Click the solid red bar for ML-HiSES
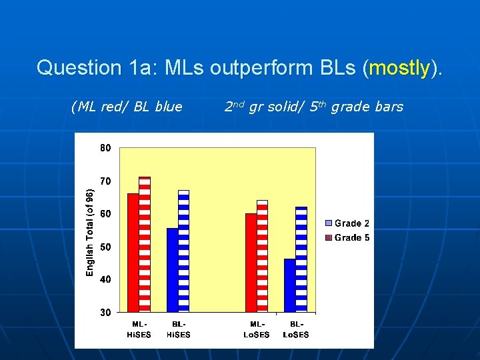point(133,253)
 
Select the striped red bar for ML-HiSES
point(145,244)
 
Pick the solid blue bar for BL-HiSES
point(173,270)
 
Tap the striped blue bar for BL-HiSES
point(184,251)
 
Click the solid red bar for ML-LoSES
point(251,263)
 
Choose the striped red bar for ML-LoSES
point(263,256)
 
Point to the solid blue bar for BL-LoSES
point(290,285)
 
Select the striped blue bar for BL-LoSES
point(301,259)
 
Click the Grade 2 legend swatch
point(329,223)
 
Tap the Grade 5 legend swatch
point(329,237)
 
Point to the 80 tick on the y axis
point(105,148)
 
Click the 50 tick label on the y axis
point(105,247)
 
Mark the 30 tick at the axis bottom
point(105,313)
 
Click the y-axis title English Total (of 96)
point(90,233)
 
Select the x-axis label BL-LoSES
point(296,329)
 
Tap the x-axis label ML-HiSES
point(139,329)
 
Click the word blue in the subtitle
point(169,107)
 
